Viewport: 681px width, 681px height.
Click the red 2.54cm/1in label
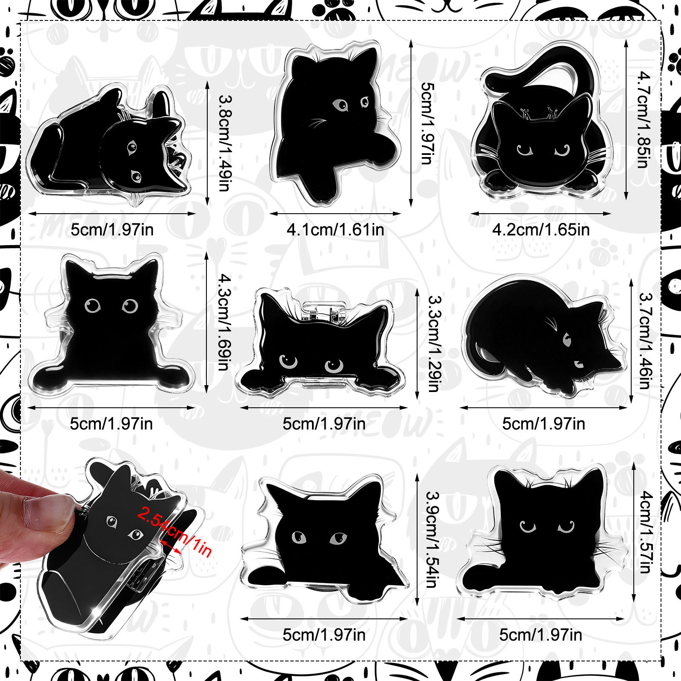(x=175, y=532)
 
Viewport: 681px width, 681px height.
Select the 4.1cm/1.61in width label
(x=335, y=230)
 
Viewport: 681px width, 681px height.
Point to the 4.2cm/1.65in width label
(x=541, y=230)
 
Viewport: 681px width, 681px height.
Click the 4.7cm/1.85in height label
(x=644, y=120)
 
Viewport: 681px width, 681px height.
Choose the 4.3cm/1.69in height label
(x=224, y=322)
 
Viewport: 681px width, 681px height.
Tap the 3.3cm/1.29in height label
(x=434, y=343)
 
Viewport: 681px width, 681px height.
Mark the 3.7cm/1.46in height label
(x=645, y=341)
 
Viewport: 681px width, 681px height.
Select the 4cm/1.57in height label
(x=646, y=532)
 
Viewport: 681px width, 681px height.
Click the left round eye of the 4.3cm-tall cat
(x=92, y=306)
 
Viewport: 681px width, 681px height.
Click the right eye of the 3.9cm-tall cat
(x=338, y=539)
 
